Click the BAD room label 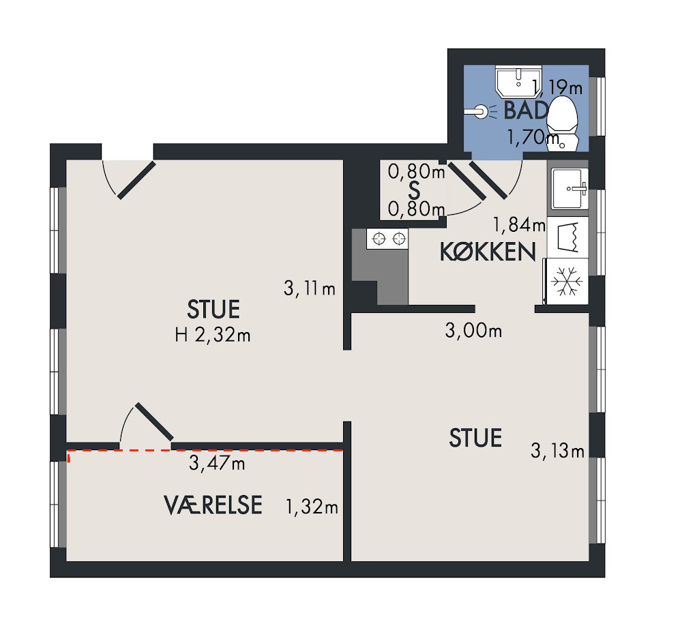tap(525, 110)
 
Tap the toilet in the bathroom tap(563, 123)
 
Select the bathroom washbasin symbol tap(518, 82)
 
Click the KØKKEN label tap(488, 252)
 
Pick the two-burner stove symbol tap(387, 239)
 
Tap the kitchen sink tap(570, 189)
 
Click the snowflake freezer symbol tap(566, 281)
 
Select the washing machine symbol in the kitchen tap(567, 237)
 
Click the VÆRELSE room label tap(213, 505)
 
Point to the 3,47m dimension tap(217, 464)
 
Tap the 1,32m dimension tap(312, 507)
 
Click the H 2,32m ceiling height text tap(213, 335)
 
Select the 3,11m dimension tap(310, 288)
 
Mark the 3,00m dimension tap(473, 331)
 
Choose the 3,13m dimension tap(558, 451)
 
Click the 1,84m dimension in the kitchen tap(519, 224)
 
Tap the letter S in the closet tap(415, 190)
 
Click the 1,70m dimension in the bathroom tap(533, 138)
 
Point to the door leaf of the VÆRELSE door tap(154, 421)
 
